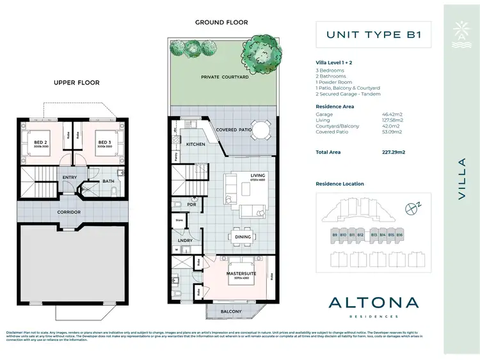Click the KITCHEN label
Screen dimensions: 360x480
195,144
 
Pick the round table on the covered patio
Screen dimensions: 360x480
260,130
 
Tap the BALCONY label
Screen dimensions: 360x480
232,311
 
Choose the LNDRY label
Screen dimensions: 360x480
186,241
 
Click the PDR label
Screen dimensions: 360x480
191,205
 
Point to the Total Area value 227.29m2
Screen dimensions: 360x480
396,152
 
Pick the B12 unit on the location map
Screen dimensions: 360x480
360,235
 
